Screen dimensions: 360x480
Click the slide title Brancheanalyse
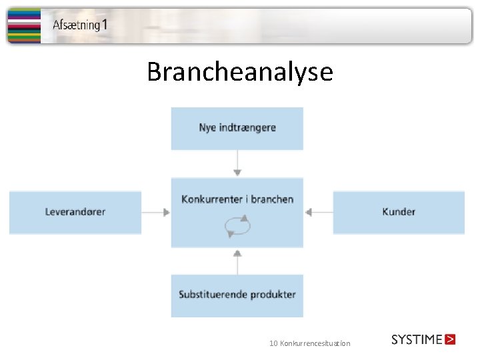(x=239, y=71)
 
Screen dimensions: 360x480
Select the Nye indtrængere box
(x=237, y=128)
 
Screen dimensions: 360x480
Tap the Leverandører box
(x=75, y=212)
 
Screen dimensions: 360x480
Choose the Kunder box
(x=399, y=212)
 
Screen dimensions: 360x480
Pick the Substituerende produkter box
(x=237, y=295)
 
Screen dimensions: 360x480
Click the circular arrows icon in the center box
(x=238, y=227)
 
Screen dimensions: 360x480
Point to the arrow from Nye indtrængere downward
(x=237, y=163)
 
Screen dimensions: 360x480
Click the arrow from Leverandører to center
(x=156, y=212)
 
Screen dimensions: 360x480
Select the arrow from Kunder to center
(x=318, y=212)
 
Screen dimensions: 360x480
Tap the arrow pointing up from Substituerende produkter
(x=237, y=261)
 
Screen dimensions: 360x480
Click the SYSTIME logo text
(x=417, y=339)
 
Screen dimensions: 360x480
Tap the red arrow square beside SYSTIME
(x=450, y=339)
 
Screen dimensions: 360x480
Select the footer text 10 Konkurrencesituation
(x=309, y=343)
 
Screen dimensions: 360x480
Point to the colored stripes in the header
(x=23, y=25)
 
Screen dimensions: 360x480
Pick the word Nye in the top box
(x=207, y=128)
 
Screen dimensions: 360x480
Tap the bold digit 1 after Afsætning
(x=105, y=25)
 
